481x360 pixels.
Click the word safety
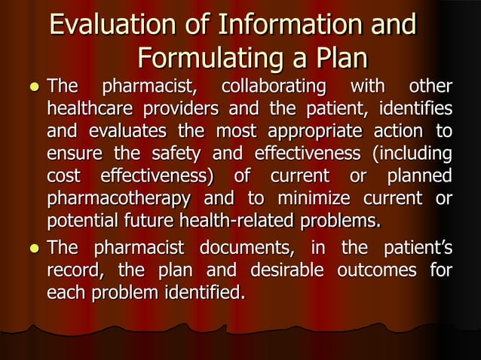pyautogui.click(x=142, y=154)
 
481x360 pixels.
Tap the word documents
pyautogui.click(x=243, y=246)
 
